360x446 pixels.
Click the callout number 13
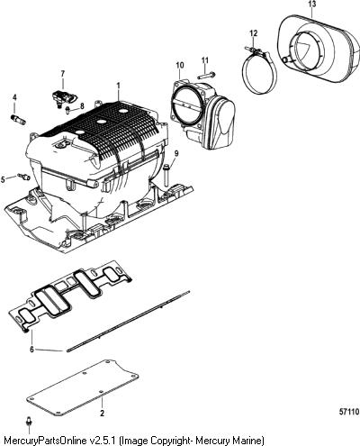point(312,5)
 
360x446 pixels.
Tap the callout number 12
point(254,33)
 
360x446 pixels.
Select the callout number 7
point(63,74)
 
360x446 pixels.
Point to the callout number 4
point(14,97)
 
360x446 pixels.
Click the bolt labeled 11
point(207,75)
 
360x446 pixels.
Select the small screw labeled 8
point(68,110)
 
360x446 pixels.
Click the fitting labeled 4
point(18,119)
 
